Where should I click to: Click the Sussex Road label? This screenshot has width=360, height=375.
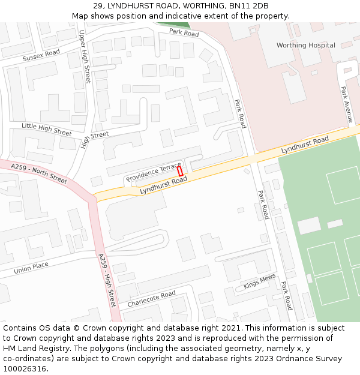(41, 56)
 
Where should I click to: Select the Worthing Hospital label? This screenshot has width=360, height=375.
(305, 45)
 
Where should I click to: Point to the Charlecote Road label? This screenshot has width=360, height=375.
(151, 298)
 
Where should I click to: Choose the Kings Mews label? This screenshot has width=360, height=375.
(259, 281)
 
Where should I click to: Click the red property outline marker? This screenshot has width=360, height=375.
(179, 171)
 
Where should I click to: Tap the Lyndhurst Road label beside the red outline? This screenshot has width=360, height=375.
(163, 185)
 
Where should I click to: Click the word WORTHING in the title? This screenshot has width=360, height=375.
(199, 6)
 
